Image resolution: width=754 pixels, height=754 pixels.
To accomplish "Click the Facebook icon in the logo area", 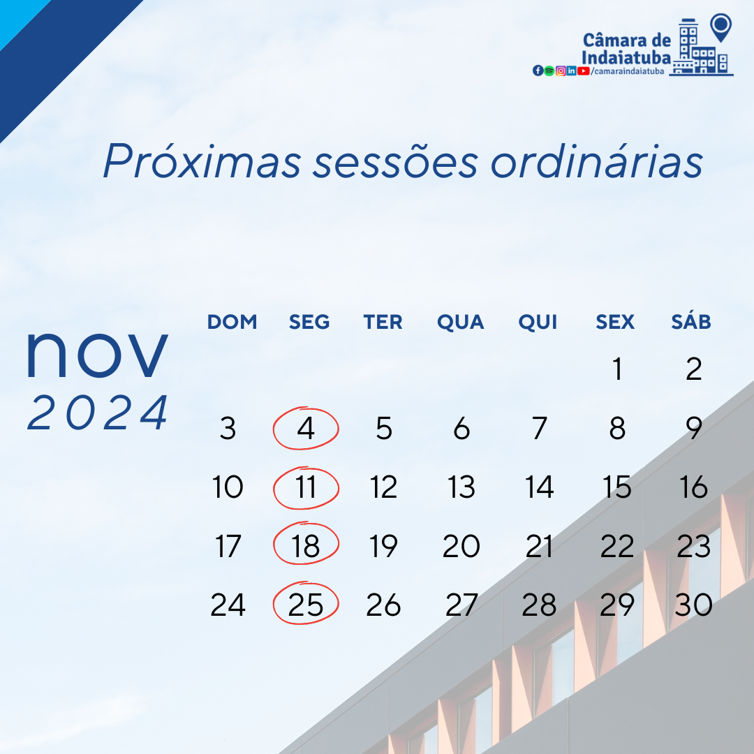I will [x=538, y=71].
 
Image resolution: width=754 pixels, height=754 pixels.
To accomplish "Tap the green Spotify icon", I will [x=549, y=71].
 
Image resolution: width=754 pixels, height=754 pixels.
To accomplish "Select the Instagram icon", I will [x=560, y=71].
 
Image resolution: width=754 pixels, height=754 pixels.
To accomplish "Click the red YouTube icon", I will [x=584, y=71].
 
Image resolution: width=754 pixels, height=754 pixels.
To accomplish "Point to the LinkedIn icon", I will [x=571, y=71].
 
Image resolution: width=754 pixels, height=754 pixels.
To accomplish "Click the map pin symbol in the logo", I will [x=720, y=26].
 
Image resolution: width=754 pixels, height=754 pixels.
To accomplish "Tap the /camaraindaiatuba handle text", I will [x=626, y=71].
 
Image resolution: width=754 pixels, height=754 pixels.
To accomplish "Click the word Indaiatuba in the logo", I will [x=626, y=57].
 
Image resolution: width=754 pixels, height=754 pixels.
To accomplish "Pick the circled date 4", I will [x=306, y=429].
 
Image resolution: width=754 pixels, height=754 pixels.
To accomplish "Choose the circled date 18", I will [x=306, y=546].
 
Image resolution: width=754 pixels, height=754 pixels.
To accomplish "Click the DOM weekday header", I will [x=232, y=322].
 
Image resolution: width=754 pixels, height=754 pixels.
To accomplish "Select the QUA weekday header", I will [x=461, y=322].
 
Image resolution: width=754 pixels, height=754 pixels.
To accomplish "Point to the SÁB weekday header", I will [x=691, y=322].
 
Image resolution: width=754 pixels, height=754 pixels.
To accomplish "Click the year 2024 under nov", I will [x=98, y=413].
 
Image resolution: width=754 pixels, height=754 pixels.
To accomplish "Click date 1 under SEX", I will [x=616, y=369].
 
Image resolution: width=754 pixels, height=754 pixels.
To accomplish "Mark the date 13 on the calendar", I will [x=461, y=487].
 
